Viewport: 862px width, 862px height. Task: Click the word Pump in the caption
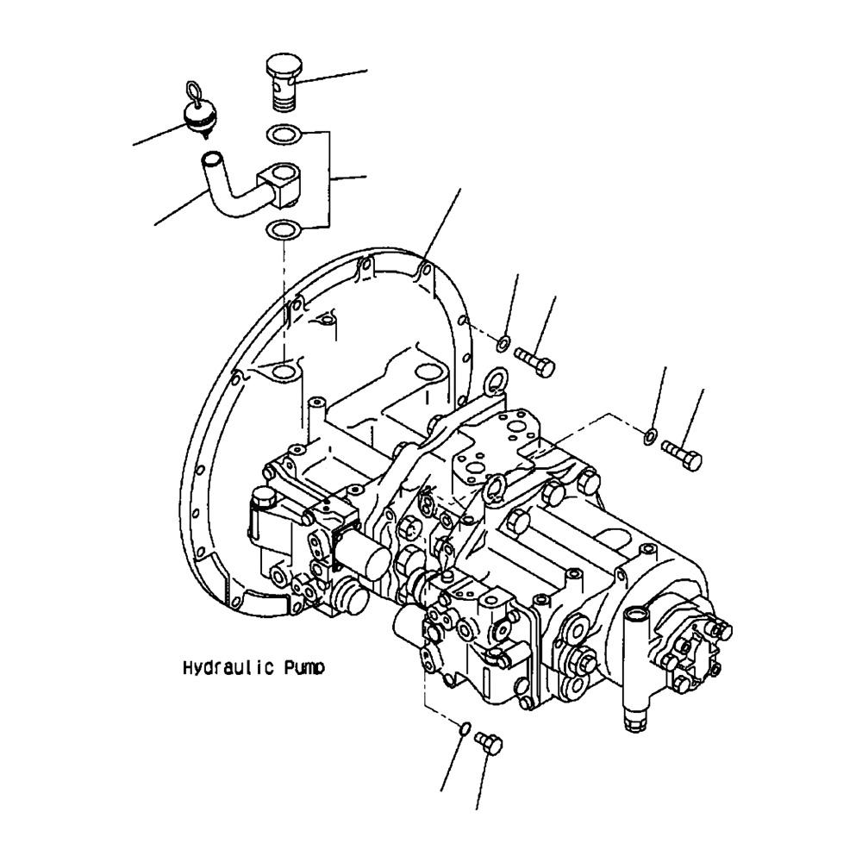click(x=304, y=668)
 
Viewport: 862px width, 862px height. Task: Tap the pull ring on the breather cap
click(x=194, y=90)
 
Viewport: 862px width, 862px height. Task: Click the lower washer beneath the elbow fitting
click(x=284, y=229)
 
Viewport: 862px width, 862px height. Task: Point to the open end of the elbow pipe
click(x=211, y=159)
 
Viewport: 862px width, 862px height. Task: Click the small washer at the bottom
click(x=465, y=728)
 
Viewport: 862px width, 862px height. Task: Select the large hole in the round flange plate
click(x=282, y=372)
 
